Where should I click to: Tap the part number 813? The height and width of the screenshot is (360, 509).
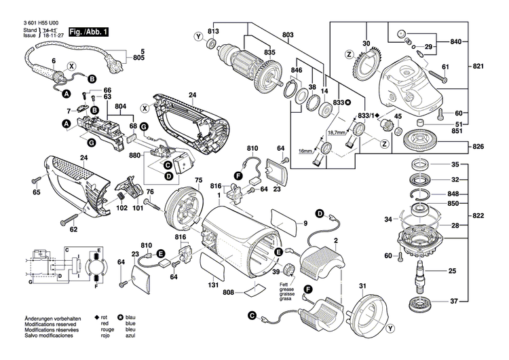[x=213, y=32]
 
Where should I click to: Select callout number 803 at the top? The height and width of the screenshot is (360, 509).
[x=288, y=35]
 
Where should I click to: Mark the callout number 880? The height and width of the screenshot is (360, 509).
[x=135, y=154]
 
